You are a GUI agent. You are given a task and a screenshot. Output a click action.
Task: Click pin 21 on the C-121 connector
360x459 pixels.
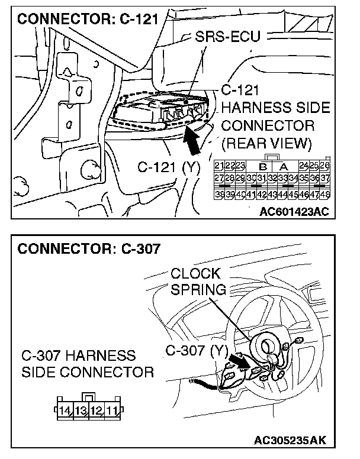click(220, 164)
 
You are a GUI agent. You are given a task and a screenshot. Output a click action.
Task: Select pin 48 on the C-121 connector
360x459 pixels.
click(325, 193)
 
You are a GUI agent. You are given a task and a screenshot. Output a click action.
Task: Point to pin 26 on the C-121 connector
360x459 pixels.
click(325, 164)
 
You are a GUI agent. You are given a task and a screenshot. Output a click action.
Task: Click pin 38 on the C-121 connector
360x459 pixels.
click(220, 193)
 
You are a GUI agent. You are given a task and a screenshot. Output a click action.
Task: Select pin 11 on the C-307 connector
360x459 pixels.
click(112, 409)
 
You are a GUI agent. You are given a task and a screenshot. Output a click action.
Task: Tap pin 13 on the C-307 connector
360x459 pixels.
click(80, 409)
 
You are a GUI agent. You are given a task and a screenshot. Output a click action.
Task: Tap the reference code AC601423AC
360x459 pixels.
click(294, 211)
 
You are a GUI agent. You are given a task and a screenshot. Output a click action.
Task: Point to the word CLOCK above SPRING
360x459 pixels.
click(195, 274)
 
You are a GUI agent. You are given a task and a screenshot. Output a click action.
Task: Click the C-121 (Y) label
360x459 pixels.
click(169, 167)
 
